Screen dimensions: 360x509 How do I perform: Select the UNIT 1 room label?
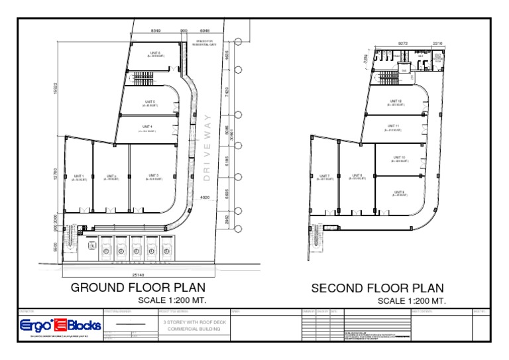click(x=79, y=176)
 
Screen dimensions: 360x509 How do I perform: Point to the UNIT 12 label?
click(x=396, y=101)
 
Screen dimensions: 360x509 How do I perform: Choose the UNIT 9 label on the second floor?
click(x=399, y=192)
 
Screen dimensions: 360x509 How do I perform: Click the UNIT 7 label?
click(x=324, y=176)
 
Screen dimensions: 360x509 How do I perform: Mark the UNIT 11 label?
click(x=394, y=126)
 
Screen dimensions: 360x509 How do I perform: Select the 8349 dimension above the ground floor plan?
click(x=156, y=31)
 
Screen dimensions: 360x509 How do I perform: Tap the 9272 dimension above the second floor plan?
click(x=402, y=44)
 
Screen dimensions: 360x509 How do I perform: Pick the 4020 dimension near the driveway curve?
click(x=205, y=197)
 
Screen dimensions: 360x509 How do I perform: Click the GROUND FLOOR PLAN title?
click(x=138, y=288)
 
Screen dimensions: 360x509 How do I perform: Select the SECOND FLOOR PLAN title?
click(x=378, y=288)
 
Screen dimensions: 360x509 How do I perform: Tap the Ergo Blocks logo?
click(x=60, y=325)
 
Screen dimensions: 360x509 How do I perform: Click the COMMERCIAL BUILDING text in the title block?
click(x=192, y=329)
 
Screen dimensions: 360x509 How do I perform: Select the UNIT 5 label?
click(x=149, y=102)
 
